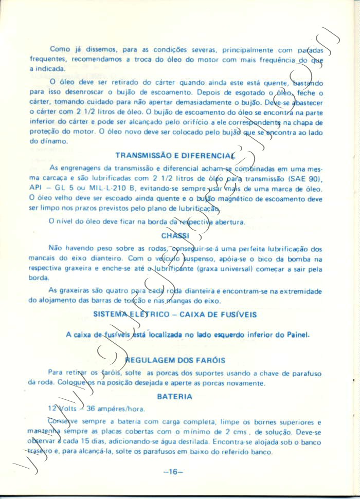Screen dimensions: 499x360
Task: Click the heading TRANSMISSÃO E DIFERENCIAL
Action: coord(175,155)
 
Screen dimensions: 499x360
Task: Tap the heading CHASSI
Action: coord(174,235)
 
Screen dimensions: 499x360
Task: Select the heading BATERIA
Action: coord(175,396)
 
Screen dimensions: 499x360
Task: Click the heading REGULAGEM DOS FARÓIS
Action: coord(178,360)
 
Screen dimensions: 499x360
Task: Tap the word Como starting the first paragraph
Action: coord(60,49)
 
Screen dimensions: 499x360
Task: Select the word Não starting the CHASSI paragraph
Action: coord(55,248)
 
